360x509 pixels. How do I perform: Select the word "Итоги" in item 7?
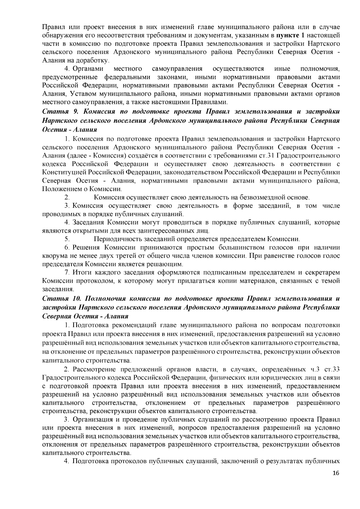tap(82, 273)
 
